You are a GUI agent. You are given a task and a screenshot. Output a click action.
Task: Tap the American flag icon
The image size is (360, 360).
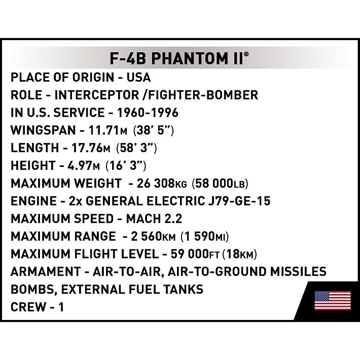(x=333, y=300)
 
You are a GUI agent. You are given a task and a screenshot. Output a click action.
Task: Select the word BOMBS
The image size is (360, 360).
(x=33, y=290)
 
